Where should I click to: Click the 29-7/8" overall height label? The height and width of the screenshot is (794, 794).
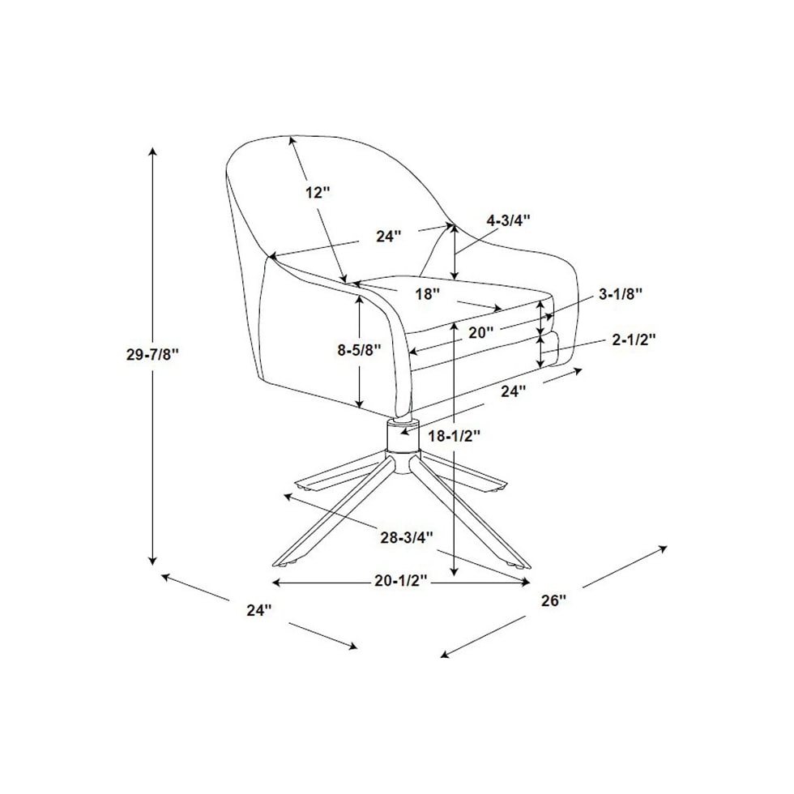click(x=152, y=354)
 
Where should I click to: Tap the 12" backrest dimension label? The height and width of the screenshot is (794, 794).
click(x=318, y=193)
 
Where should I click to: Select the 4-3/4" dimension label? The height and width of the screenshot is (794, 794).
click(x=507, y=220)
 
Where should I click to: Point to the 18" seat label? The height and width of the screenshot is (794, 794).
click(x=427, y=293)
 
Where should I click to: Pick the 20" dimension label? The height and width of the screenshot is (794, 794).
click(x=481, y=331)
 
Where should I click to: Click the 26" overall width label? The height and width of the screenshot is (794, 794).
click(x=553, y=600)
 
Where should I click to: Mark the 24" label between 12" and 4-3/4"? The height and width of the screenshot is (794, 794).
click(x=389, y=237)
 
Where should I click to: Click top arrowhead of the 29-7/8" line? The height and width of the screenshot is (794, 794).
click(x=152, y=152)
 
